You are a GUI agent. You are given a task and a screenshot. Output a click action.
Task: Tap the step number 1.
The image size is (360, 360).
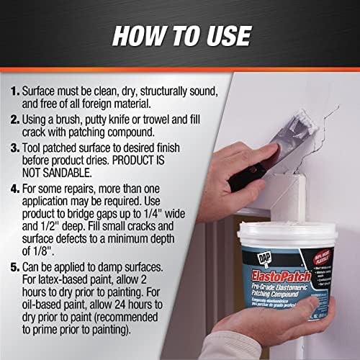16,93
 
